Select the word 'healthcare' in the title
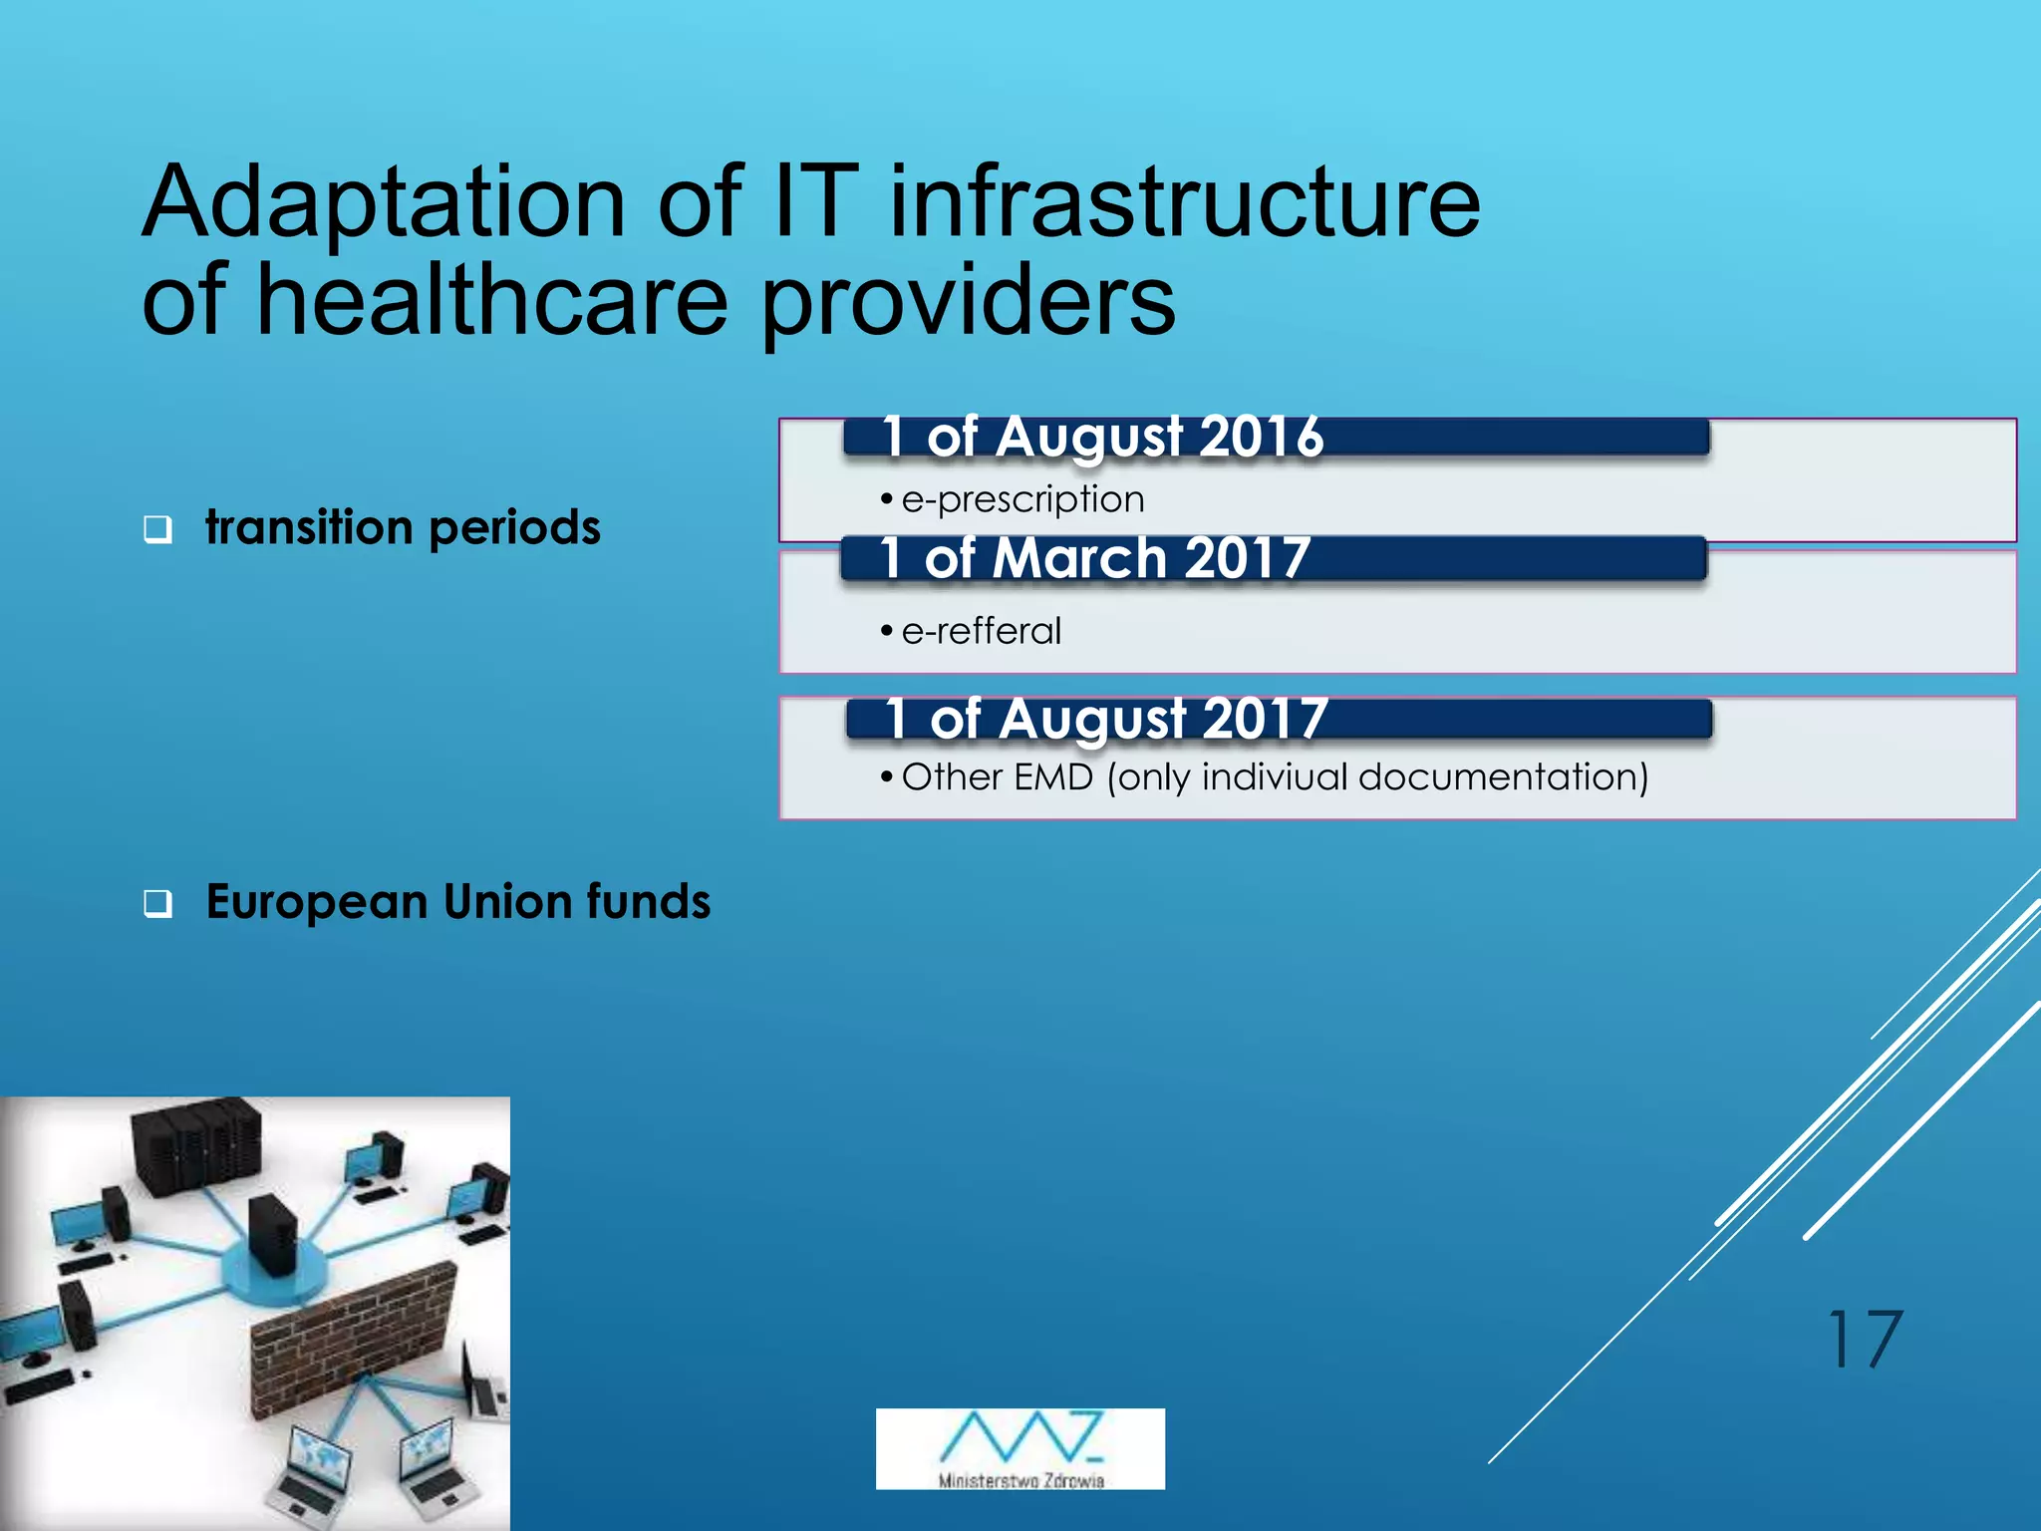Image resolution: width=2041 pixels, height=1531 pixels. point(492,301)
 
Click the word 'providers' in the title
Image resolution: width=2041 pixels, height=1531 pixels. point(968,301)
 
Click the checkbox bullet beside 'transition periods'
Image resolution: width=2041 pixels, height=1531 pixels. point(157,528)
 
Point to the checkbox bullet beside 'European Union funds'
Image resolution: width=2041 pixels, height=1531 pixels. point(157,903)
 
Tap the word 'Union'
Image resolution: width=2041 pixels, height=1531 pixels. point(507,901)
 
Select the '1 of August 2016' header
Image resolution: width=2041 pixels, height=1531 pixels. point(1102,437)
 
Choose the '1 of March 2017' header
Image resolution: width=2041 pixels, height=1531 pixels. point(1095,557)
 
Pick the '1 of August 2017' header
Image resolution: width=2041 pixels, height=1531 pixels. point(1106,719)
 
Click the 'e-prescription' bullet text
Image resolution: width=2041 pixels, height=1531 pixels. point(1022,498)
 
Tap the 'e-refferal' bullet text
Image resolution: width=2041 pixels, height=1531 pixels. point(981,631)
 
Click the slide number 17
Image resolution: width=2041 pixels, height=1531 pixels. point(1864,1339)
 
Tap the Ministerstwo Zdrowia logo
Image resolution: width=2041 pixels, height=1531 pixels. point(1020,1448)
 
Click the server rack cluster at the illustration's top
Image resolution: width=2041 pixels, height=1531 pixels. point(197,1144)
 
